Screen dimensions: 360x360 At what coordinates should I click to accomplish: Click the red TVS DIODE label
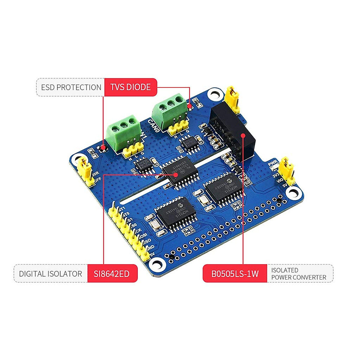pyautogui.click(x=130, y=87)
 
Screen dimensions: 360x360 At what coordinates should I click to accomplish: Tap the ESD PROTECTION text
pyautogui.click(x=71, y=87)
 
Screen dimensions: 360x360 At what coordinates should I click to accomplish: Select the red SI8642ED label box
pyautogui.click(x=112, y=274)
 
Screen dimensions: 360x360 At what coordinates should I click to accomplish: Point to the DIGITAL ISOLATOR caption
pyautogui.click(x=50, y=274)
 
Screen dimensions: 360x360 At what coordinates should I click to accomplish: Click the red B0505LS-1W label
pyautogui.click(x=235, y=274)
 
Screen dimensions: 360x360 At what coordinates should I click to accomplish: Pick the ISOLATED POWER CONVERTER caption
pyautogui.click(x=298, y=274)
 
